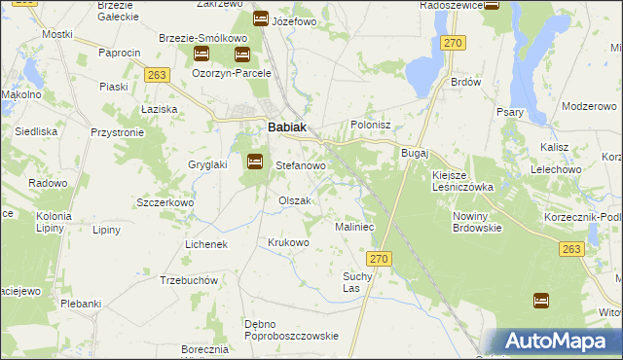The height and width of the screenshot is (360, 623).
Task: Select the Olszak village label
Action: pos(294,200)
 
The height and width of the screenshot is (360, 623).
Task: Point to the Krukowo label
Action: pos(288,242)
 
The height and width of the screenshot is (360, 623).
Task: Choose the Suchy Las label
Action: pos(357,282)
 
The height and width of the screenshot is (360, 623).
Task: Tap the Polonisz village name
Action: pos(370,126)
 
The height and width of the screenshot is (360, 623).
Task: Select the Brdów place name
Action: pos(466,83)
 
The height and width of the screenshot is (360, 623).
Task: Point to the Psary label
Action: pos(510,113)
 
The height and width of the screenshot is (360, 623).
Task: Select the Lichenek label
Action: pos(205,244)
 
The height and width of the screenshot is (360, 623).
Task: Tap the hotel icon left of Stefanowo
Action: pos(255,162)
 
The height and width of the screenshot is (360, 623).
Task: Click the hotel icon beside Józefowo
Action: pos(261,18)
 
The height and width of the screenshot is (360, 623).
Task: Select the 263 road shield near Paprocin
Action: pos(158,74)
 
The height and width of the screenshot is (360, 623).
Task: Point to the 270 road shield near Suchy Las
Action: pos(380,259)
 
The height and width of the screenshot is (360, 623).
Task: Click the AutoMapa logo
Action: pos(554,341)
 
